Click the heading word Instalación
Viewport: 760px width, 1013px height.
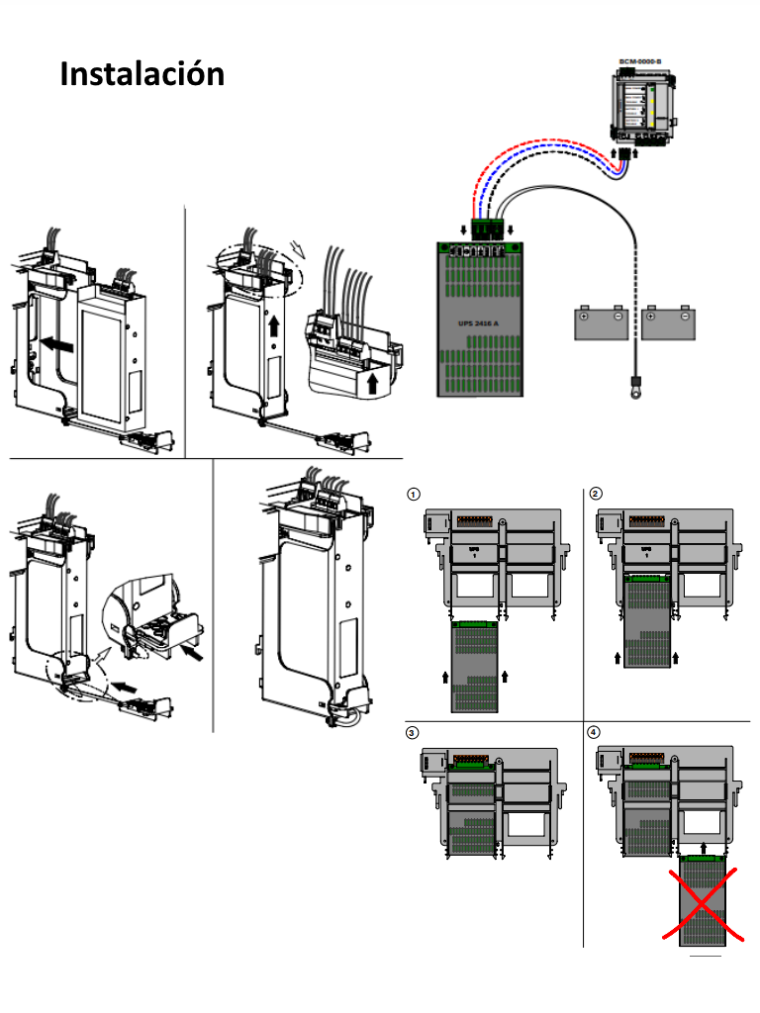coord(142,74)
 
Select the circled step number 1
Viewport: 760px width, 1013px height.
coord(416,493)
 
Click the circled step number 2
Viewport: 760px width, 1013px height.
coord(595,493)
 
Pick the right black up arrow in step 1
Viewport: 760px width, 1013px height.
coord(505,677)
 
